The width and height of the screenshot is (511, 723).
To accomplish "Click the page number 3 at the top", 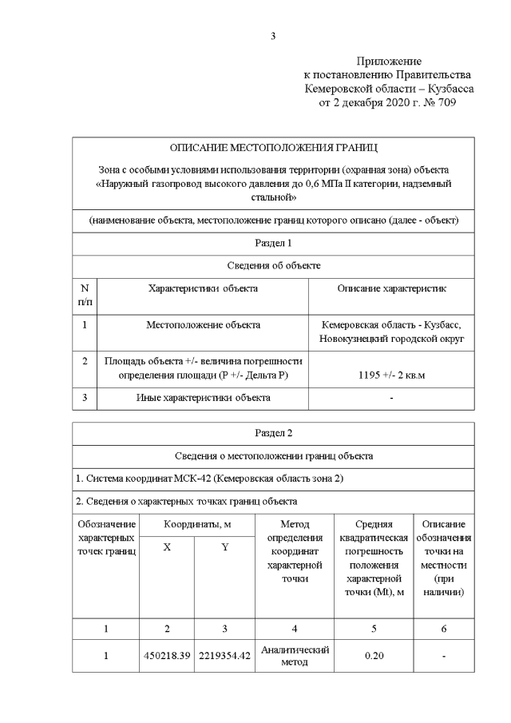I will coord(273,35).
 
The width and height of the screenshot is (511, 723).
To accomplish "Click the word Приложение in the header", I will coord(389,61).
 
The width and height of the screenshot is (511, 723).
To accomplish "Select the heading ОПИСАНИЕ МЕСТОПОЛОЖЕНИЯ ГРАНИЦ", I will coord(273,149).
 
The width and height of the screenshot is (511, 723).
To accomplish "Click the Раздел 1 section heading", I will coord(273,242).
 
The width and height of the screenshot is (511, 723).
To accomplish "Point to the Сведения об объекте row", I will coord(273,265).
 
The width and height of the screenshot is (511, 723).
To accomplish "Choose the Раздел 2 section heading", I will coord(273,433).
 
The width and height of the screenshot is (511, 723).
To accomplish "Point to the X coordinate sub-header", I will coord(166,547).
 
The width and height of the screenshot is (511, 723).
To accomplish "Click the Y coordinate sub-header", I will coord(224,547).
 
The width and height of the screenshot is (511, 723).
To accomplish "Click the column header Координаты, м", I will coord(196,525).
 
